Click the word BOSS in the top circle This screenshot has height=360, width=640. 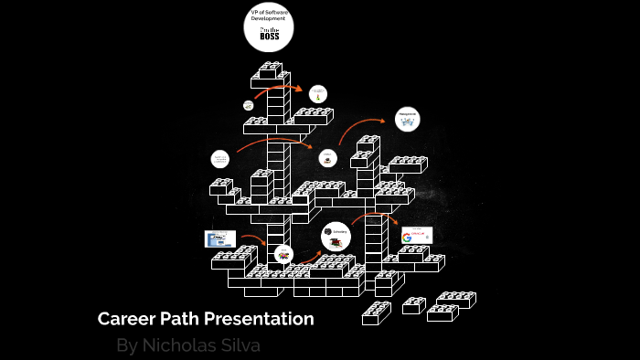269,37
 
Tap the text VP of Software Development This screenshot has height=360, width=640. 268,15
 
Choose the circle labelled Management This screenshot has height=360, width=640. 408,119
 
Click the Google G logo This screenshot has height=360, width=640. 407,238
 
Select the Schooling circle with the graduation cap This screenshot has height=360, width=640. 336,237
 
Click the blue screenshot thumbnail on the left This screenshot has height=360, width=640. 219,238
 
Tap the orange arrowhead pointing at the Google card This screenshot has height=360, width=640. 395,222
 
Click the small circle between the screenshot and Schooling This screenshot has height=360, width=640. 283,253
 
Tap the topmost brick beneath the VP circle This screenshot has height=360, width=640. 269,69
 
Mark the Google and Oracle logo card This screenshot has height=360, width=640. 417,237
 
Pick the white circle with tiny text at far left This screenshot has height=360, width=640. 220,159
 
